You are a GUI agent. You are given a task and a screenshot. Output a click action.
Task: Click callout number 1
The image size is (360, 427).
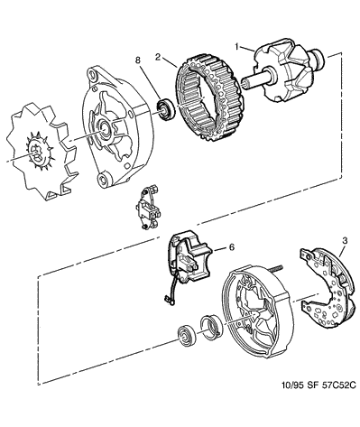tap(237, 46)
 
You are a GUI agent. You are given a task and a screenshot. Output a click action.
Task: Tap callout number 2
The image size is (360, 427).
tap(158, 57)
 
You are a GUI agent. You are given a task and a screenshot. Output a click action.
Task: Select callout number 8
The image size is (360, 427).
tap(138, 60)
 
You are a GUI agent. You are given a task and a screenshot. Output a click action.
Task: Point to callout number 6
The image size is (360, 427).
tap(231, 247)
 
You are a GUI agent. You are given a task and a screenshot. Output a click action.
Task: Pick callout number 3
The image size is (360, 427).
tap(345, 240)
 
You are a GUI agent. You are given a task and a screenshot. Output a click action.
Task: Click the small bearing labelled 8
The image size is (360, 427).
tap(165, 108)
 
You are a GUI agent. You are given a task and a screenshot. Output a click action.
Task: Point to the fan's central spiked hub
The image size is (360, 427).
tap(38, 152)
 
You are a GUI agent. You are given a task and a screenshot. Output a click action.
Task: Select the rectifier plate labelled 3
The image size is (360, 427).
tap(327, 288)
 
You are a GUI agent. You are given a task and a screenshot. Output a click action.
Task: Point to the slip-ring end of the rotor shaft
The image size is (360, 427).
tap(318, 57)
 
